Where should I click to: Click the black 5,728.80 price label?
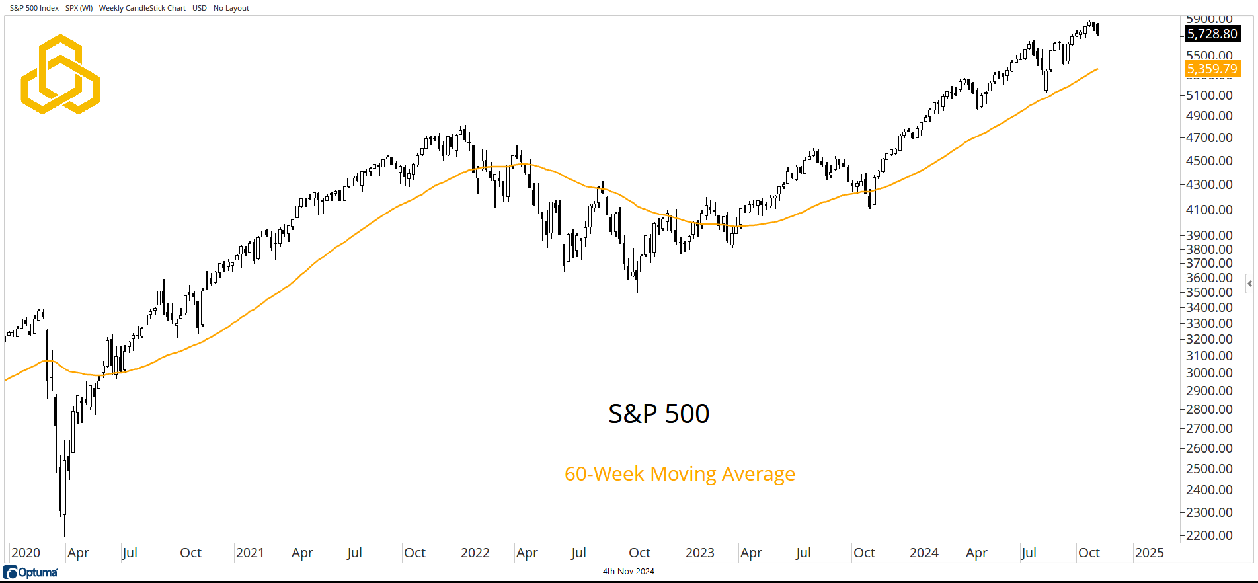1212,34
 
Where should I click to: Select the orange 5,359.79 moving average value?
1212,69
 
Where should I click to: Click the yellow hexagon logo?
60,74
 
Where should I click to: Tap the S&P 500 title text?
658,414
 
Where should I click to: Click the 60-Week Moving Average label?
680,474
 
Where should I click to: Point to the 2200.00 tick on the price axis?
1209,535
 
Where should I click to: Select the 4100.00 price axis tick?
1209,210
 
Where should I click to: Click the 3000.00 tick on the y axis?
1209,373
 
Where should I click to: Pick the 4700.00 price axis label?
1209,137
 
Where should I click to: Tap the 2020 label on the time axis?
26,553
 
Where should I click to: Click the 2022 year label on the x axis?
475,553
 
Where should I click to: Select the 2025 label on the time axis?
1149,553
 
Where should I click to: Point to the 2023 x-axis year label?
699,553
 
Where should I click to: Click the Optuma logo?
31,572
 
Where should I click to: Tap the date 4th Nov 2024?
628,572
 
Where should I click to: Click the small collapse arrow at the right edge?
1249,284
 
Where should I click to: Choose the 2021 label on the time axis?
250,553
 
